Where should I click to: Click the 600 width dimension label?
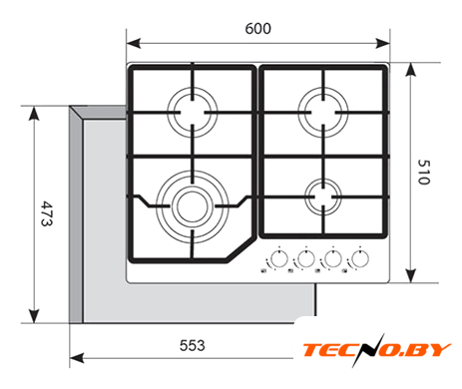coord(257,29)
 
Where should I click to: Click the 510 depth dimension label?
coord(424,172)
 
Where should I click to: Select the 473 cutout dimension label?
coord(47,213)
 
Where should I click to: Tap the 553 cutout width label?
coord(192,345)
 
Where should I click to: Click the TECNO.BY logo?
coord(376,350)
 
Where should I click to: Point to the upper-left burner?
coord(193,113)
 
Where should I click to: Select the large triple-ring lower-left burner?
coord(193,206)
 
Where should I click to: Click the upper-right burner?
coord(323,113)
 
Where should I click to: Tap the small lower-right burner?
coord(323,196)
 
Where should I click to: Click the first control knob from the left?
coord(279,258)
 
